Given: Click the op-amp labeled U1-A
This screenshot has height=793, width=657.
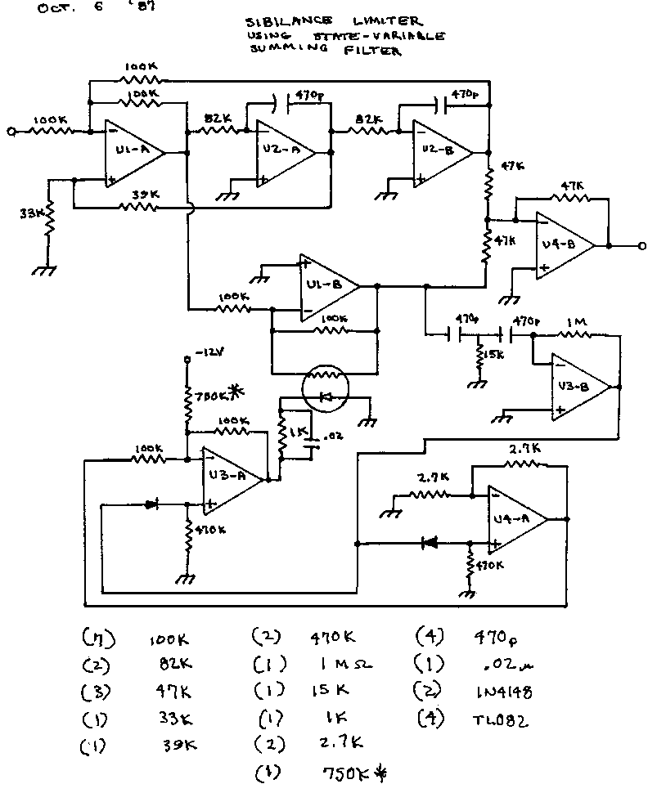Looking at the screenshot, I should [131, 152].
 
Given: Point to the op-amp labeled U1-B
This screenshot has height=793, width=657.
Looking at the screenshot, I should [327, 286].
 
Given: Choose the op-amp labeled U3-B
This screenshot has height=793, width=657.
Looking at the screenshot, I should [579, 387].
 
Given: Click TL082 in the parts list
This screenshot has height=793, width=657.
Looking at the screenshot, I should [501, 720].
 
